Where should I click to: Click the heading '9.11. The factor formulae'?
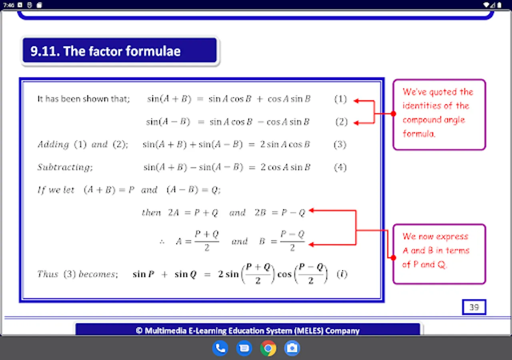pos(105,51)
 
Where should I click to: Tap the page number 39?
pos(474,307)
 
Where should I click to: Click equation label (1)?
pos(340,99)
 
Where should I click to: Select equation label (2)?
pos(342,122)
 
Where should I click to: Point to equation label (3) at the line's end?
pos(340,144)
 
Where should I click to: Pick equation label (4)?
pos(340,167)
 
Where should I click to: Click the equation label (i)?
pos(342,274)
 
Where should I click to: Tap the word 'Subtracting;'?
pos(65,167)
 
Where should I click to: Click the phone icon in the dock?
pos(220,348)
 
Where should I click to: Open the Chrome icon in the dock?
pos(268,348)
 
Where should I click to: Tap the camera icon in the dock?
pos(292,348)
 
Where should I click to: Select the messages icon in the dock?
pos(244,348)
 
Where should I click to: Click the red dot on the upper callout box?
pos(393,114)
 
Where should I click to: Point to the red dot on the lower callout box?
pos(393,258)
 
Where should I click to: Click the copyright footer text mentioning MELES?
pos(248,330)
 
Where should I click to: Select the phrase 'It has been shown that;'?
pos(84,99)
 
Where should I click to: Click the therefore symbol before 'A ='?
pos(162,242)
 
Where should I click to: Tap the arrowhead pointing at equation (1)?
pos(356,101)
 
